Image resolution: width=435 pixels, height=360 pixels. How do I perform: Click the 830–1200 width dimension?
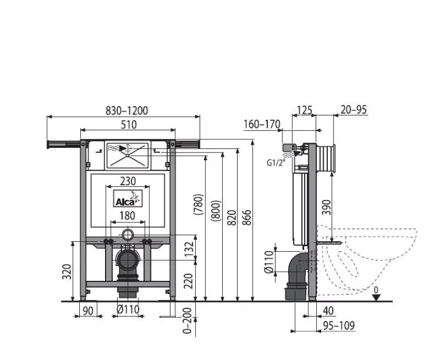click(x=127, y=110)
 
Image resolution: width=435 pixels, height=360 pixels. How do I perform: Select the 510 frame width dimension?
click(x=129, y=125)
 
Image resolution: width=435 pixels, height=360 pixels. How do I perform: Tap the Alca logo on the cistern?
click(x=128, y=198)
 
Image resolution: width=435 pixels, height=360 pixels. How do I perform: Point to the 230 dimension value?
click(x=128, y=181)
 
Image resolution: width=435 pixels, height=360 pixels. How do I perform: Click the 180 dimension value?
click(x=127, y=215)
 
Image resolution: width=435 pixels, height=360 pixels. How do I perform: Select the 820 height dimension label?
click(x=232, y=217)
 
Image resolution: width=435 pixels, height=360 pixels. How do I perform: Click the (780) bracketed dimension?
click(x=198, y=204)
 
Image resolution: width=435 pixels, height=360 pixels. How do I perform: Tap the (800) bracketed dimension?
click(x=216, y=211)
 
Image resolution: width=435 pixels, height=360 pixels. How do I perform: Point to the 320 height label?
click(x=67, y=271)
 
